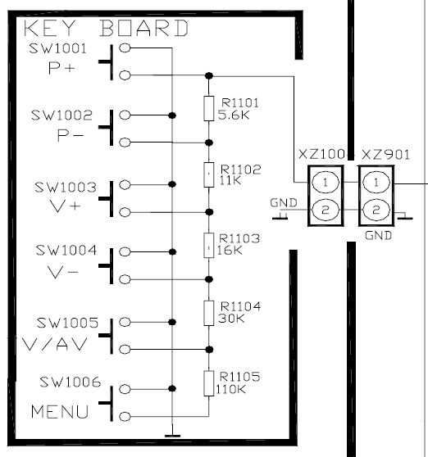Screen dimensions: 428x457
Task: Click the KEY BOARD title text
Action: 107,28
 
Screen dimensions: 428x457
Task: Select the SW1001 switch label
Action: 57,48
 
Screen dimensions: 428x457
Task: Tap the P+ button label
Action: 61,68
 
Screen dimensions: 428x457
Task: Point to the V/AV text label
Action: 55,344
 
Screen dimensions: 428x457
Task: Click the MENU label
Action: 60,412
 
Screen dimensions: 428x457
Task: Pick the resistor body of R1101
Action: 208,108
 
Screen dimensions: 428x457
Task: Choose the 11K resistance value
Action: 230,181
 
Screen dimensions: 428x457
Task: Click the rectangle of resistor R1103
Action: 208,246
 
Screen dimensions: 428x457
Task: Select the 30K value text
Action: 232,319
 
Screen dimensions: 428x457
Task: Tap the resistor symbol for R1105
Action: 208,383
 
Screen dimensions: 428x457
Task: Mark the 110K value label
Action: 230,389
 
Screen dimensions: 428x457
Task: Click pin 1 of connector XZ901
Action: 376,183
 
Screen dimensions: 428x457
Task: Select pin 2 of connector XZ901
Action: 376,210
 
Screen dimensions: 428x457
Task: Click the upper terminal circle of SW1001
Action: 125,48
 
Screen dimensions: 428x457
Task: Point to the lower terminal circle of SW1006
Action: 125,416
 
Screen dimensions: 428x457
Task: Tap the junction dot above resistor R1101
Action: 209,76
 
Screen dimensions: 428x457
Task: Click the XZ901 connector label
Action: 385,155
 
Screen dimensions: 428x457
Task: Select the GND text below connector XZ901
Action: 378,236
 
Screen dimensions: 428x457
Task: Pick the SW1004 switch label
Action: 66,251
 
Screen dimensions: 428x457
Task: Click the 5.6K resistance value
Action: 234,115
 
